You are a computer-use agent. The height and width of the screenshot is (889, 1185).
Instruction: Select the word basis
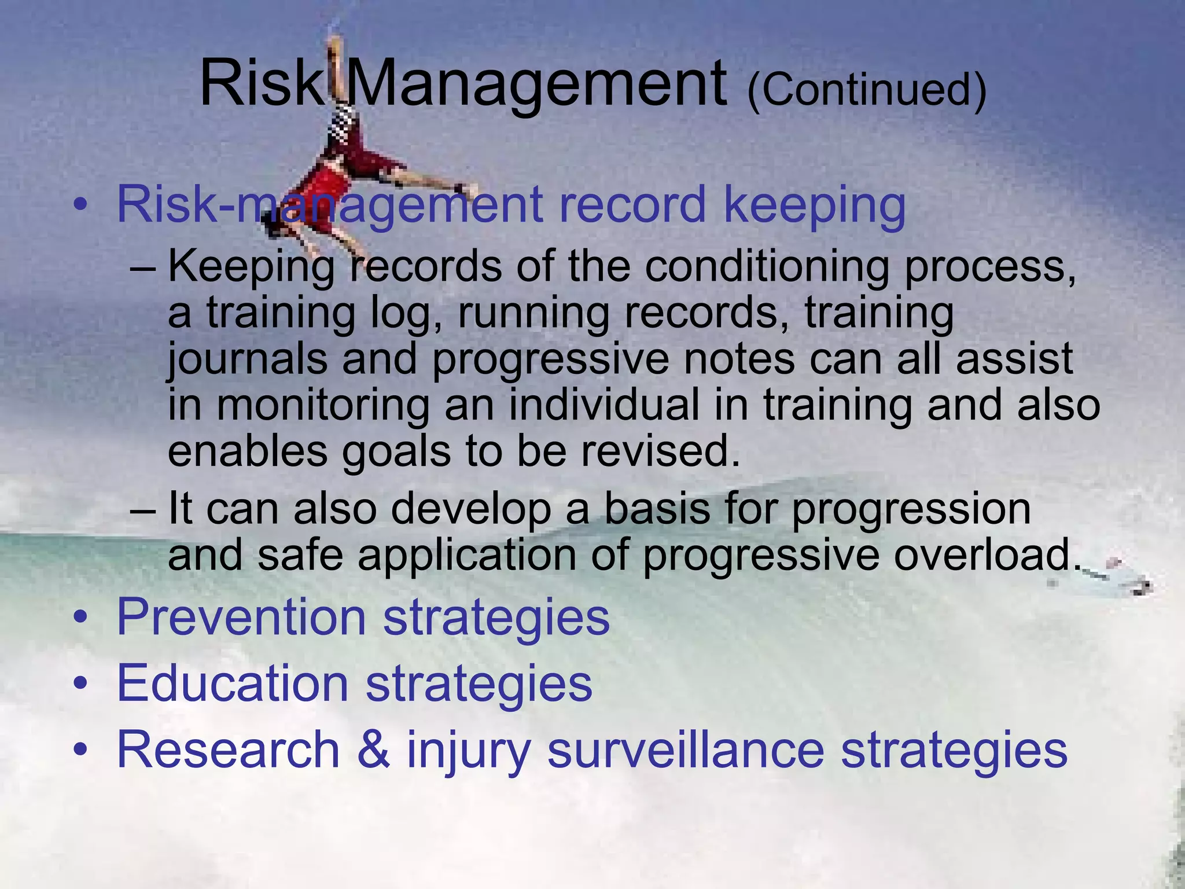[657, 509]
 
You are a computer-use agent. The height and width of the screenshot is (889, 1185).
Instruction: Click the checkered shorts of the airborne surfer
[346, 123]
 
